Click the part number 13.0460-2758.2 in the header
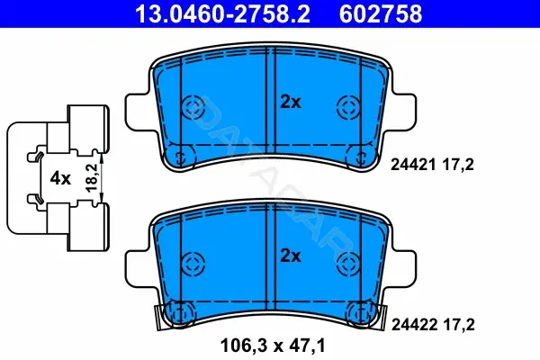[x=222, y=13]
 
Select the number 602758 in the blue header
[x=381, y=13]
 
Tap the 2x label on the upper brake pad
[x=291, y=102]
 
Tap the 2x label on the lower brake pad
[x=291, y=256]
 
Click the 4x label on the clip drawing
[x=60, y=178]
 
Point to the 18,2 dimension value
[x=92, y=178]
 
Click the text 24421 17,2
[x=432, y=165]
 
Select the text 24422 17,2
[x=433, y=325]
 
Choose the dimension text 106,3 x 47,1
[x=273, y=346]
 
